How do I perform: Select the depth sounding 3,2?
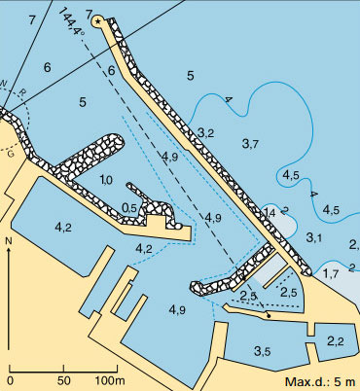click(x=205, y=131)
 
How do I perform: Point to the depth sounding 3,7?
click(x=249, y=143)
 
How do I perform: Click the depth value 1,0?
click(x=107, y=180)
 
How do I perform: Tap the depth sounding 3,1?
click(x=313, y=237)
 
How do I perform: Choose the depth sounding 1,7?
click(x=332, y=274)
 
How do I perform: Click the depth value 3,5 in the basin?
click(x=263, y=350)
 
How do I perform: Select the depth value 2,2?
click(x=336, y=341)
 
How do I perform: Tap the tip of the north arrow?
click(x=9, y=249)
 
